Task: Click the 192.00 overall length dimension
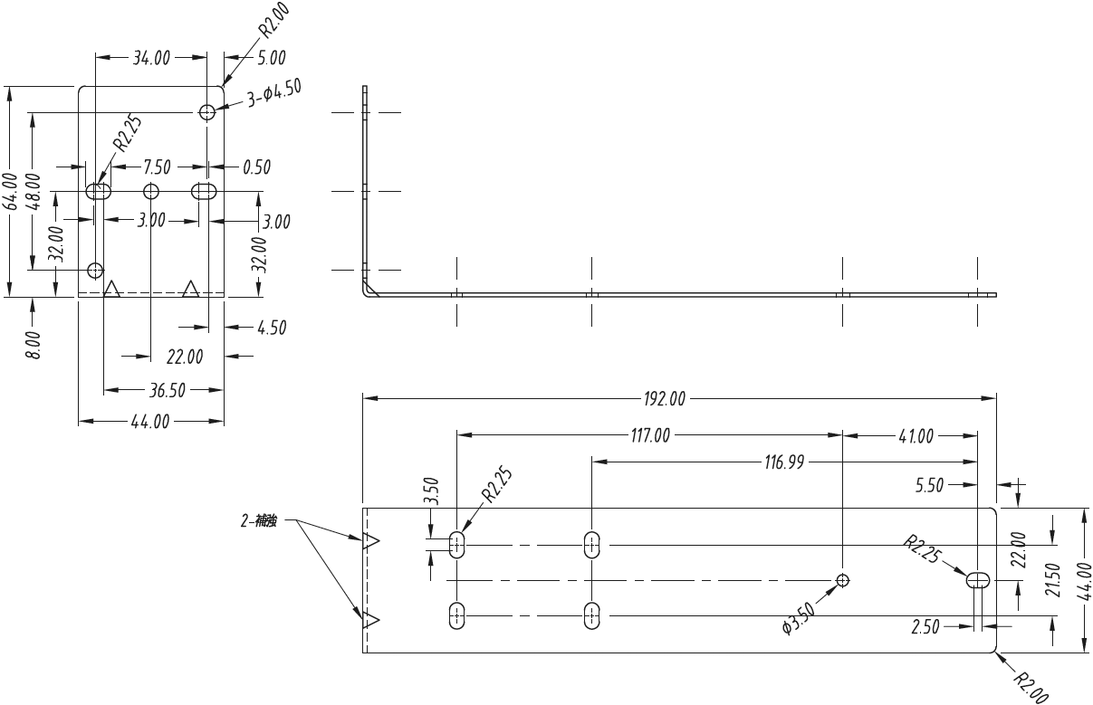pyautogui.click(x=665, y=398)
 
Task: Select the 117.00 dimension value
pyautogui.click(x=650, y=435)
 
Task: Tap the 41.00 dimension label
pyautogui.click(x=916, y=436)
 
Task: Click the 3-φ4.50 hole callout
pyautogui.click(x=274, y=94)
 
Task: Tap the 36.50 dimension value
pyautogui.click(x=165, y=391)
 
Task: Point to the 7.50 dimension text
pyautogui.click(x=156, y=167)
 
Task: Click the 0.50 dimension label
pyautogui.click(x=257, y=167)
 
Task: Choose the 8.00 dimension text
pyautogui.click(x=33, y=346)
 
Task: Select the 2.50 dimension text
pyautogui.click(x=925, y=627)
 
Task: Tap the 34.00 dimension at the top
pyautogui.click(x=151, y=58)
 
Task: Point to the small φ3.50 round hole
pyautogui.click(x=843, y=580)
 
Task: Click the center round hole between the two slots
pyautogui.click(x=151, y=192)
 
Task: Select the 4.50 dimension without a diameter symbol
pyautogui.click(x=272, y=327)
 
